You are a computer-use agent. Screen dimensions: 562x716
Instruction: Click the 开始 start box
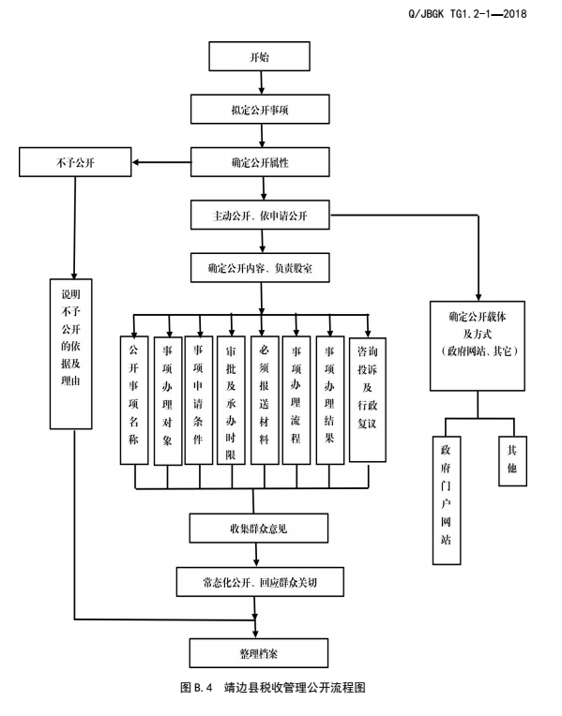259,56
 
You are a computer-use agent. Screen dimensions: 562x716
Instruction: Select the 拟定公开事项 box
260,109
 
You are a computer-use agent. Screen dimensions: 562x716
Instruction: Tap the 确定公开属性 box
260,162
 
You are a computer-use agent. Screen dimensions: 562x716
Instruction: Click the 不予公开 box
75,162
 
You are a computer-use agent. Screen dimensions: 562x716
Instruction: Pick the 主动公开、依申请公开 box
260,215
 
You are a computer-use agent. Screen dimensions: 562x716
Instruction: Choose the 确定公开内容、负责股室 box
260,268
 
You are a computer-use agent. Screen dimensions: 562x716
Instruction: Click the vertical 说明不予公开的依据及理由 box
71,354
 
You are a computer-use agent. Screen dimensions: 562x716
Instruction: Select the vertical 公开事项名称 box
134,400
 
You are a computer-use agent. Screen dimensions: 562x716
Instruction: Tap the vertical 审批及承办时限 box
231,400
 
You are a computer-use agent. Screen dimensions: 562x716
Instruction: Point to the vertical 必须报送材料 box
265,400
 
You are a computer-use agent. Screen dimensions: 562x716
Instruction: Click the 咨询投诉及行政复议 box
367,399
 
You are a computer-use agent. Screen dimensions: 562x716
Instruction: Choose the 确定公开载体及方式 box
477,346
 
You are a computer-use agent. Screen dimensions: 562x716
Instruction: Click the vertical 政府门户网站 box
447,500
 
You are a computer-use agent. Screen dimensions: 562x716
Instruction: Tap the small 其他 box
512,461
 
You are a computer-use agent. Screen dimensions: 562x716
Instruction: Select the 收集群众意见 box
259,529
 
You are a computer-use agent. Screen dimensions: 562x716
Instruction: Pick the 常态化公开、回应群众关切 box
260,582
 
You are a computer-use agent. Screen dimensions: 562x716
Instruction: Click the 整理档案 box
259,653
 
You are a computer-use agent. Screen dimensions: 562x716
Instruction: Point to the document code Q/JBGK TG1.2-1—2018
467,14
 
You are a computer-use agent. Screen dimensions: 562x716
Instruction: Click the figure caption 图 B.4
197,687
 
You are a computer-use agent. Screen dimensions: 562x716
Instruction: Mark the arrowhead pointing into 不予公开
136,162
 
